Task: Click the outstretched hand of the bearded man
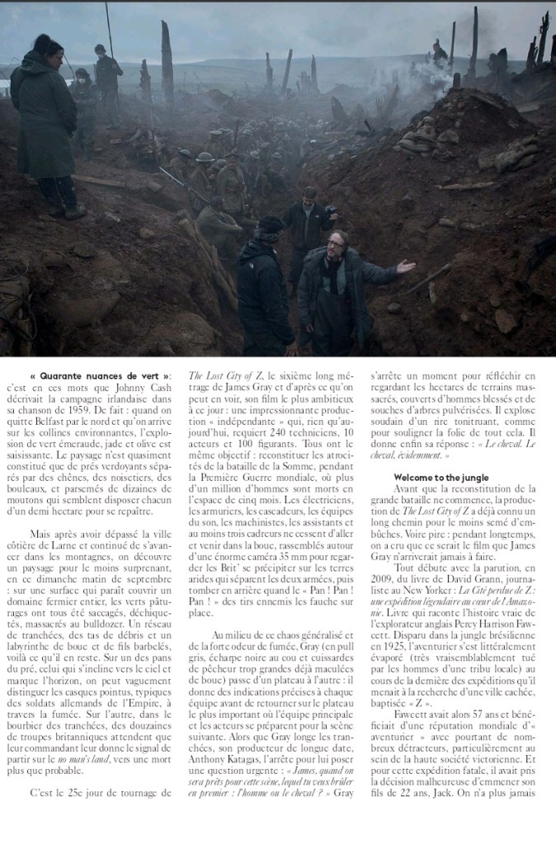point(404,267)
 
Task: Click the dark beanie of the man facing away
point(269,224)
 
